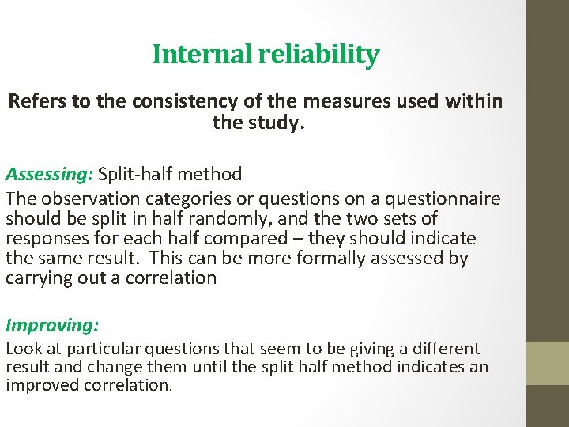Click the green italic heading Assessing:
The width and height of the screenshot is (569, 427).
coord(49,173)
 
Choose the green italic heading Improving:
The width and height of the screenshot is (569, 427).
coord(51,324)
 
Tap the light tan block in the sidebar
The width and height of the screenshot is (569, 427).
coord(548,363)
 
